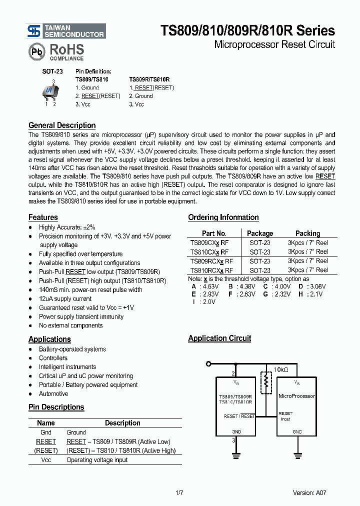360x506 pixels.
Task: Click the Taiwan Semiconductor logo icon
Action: [x=33, y=31]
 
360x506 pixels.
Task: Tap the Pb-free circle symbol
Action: [x=36, y=52]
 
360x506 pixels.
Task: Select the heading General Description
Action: [x=62, y=125]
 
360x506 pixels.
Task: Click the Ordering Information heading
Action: [x=223, y=217]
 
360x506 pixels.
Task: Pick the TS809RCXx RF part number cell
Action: [x=211, y=261]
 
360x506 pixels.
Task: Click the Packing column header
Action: [x=307, y=233]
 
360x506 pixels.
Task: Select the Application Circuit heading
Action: [x=219, y=338]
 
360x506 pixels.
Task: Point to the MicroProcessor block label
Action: [x=296, y=396]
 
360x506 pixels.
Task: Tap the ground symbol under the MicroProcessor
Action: [x=297, y=454]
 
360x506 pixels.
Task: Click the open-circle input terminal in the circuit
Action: [x=209, y=363]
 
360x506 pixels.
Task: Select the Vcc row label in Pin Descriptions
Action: [x=45, y=460]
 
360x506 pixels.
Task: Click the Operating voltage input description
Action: [x=97, y=460]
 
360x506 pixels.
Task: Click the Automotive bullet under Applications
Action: [x=53, y=394]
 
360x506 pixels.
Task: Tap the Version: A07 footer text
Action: [x=310, y=493]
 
